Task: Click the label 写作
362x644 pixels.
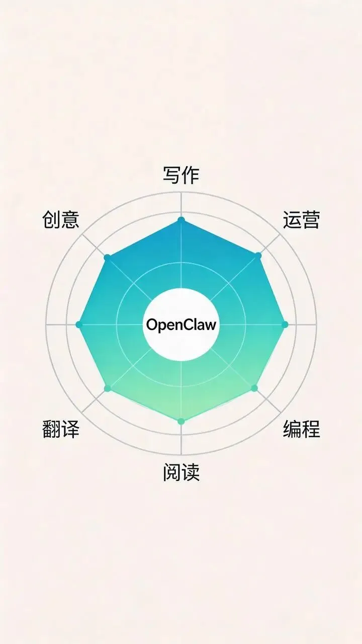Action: pyautogui.click(x=181, y=176)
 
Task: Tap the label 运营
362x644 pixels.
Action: pyautogui.click(x=301, y=220)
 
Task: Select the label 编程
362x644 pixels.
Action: pyautogui.click(x=301, y=429)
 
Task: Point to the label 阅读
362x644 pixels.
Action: pyautogui.click(x=181, y=472)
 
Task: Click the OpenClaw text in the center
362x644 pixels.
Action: pyautogui.click(x=181, y=325)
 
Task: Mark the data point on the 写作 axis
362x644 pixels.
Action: pyautogui.click(x=181, y=220)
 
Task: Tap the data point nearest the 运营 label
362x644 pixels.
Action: pyautogui.click(x=258, y=256)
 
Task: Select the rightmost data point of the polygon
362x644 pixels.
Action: pyautogui.click(x=285, y=325)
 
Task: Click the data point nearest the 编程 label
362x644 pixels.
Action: pyautogui.click(x=254, y=388)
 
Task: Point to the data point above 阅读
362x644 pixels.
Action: pyautogui.click(x=181, y=421)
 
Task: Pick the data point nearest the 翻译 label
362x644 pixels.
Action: pyautogui.click(x=107, y=388)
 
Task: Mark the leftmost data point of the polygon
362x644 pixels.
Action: pyautogui.click(x=78, y=325)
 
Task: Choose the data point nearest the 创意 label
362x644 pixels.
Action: pyautogui.click(x=107, y=257)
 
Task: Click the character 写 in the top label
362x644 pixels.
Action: pyautogui.click(x=171, y=176)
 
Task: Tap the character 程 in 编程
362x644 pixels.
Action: pyautogui.click(x=311, y=429)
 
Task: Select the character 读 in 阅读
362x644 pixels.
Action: pyautogui.click(x=191, y=472)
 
